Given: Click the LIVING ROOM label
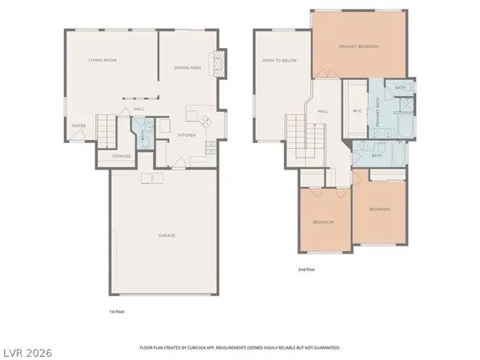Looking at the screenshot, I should click(x=102, y=60).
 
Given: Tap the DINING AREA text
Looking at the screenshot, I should click(x=187, y=68).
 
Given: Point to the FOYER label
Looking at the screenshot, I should click(x=79, y=126).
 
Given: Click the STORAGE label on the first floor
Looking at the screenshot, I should click(x=122, y=156).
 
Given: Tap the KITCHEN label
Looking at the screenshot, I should click(x=187, y=135).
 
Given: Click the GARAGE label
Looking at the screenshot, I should click(x=166, y=235).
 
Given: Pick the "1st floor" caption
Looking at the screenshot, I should click(x=117, y=310).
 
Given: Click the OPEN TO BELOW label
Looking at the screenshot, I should click(x=274, y=62).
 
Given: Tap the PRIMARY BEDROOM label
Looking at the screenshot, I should click(x=358, y=47).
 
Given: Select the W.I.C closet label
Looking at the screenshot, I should click(x=358, y=111).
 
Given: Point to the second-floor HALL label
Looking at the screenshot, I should click(x=323, y=111).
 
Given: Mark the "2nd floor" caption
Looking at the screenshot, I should click(x=306, y=270).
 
